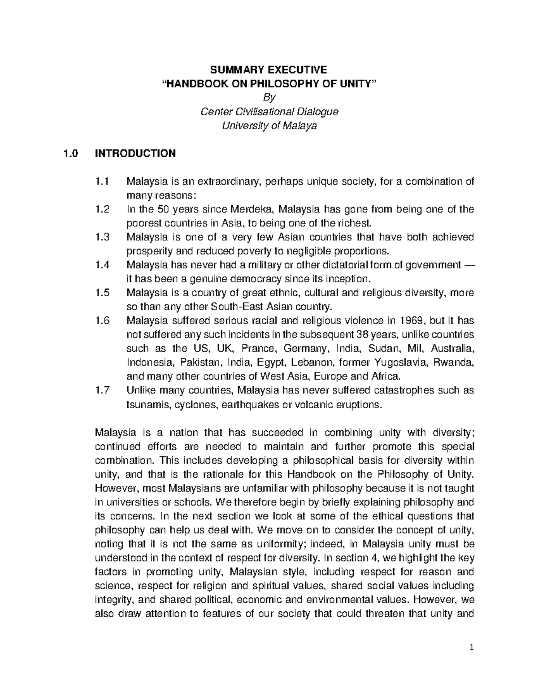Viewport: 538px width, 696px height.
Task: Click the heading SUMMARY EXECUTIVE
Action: [269, 69]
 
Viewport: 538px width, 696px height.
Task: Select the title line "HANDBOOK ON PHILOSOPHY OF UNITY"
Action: [269, 83]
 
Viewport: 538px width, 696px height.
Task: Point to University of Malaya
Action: [269, 125]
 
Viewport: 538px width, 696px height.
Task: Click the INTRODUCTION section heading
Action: [135, 153]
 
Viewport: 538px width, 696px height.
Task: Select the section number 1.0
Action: [70, 153]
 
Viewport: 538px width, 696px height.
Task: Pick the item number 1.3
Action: [102, 237]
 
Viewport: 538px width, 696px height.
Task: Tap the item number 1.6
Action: [102, 321]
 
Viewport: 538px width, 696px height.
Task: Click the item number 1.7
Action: [102, 390]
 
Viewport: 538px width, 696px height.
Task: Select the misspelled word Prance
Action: [255, 349]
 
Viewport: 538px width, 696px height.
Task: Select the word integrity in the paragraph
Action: [113, 600]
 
